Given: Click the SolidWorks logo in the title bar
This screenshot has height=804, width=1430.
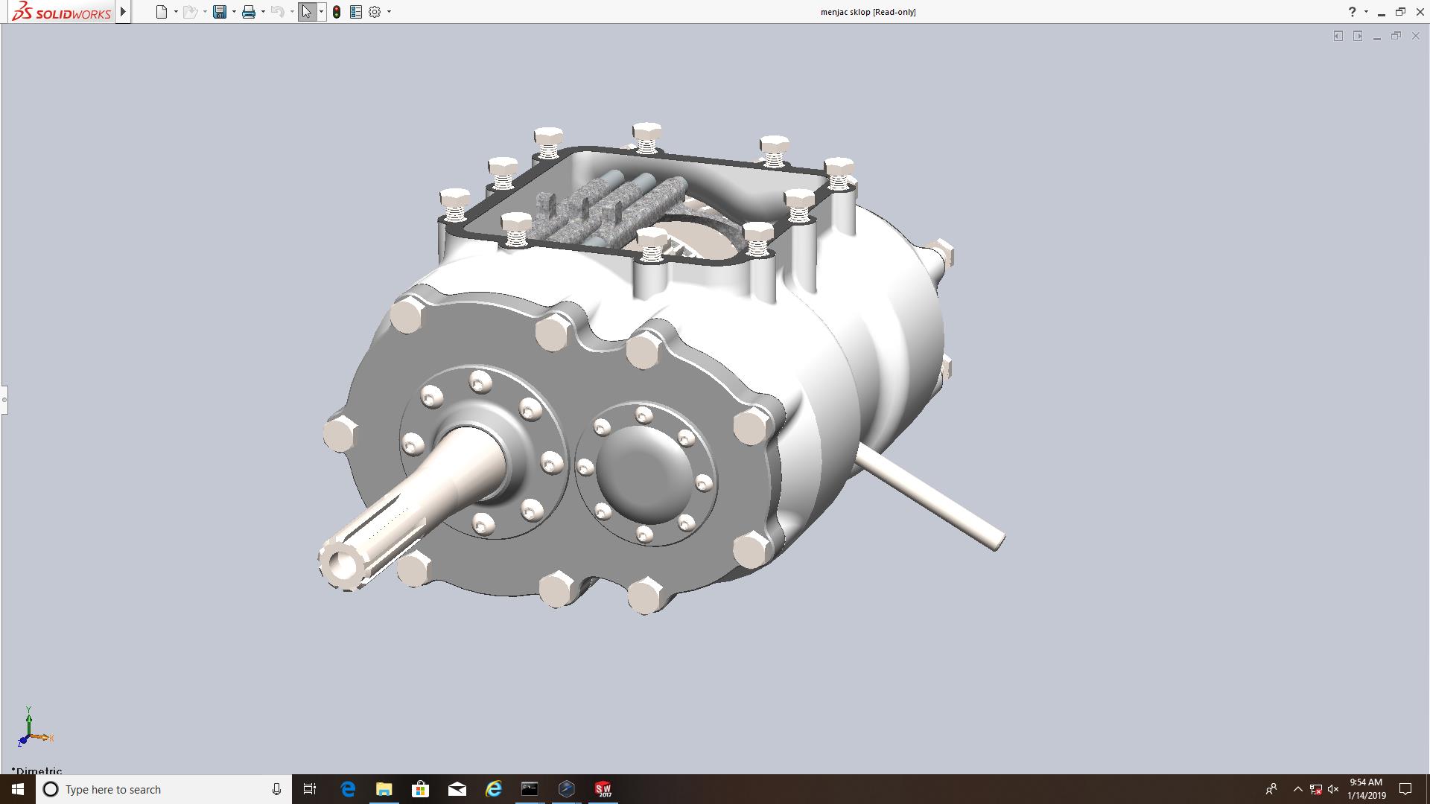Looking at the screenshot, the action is [62, 12].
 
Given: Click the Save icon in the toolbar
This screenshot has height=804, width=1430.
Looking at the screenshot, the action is [220, 12].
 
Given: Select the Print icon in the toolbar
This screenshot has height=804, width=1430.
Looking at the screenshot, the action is [249, 12].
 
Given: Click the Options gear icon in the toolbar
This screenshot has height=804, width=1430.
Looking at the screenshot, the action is [375, 12].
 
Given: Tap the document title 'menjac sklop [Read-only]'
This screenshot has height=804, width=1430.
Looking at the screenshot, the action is [868, 12].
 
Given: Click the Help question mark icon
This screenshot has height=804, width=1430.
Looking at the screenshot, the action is [1352, 12].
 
